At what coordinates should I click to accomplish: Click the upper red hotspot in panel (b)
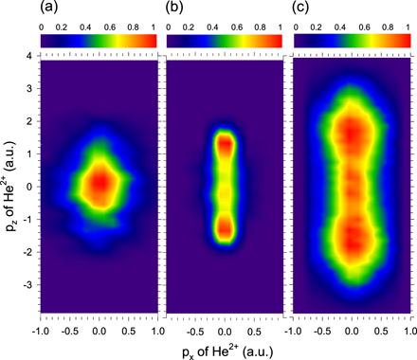(225, 144)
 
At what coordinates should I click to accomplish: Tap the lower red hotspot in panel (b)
(225, 229)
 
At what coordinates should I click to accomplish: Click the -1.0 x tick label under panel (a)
(41, 332)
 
